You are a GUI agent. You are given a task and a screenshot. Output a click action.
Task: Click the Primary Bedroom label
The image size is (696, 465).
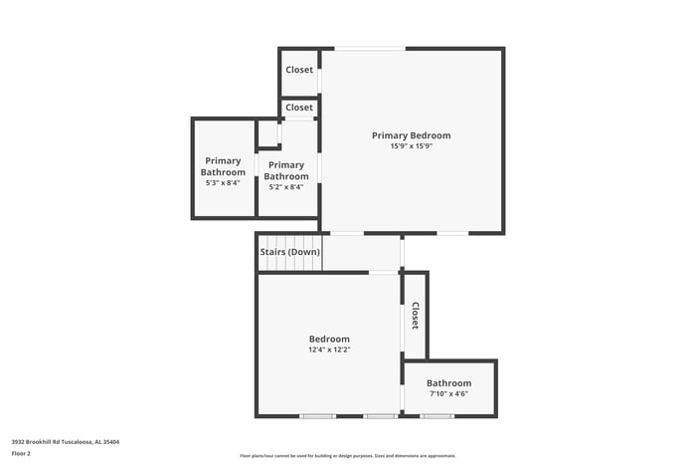click(411, 135)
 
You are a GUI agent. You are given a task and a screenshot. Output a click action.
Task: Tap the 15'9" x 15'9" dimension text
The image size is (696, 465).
click(411, 146)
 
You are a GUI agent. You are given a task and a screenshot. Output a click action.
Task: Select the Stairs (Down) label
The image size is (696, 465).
click(290, 252)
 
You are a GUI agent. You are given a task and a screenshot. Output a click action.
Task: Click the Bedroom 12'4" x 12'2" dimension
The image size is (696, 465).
click(328, 349)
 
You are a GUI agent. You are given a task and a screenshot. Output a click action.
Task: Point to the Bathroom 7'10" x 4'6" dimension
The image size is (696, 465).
click(448, 393)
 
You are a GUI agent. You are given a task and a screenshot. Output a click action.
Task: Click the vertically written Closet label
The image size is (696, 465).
click(415, 316)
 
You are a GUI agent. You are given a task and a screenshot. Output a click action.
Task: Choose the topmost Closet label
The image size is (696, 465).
click(299, 70)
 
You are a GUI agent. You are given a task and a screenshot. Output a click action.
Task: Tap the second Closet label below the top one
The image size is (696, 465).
click(299, 108)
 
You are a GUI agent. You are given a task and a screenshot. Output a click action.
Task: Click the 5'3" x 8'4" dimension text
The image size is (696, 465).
click(223, 183)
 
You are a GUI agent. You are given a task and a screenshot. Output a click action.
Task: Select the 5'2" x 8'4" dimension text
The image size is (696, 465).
click(285, 187)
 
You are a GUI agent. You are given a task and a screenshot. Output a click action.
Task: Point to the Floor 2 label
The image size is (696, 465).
click(21, 453)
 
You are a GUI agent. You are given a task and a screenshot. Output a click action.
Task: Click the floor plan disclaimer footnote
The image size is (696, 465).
click(348, 455)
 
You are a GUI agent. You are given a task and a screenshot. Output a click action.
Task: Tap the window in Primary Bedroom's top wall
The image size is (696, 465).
click(369, 48)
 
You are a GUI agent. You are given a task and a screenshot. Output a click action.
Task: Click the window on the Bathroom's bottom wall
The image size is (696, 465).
click(436, 416)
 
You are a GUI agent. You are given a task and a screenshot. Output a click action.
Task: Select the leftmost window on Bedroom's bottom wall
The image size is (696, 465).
click(318, 416)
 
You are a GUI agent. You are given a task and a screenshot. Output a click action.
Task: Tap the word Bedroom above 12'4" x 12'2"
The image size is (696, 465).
click(328, 339)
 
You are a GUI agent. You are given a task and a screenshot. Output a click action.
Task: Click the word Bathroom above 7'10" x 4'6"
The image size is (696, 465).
click(448, 383)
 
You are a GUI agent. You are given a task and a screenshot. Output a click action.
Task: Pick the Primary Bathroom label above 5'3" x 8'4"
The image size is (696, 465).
click(223, 166)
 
